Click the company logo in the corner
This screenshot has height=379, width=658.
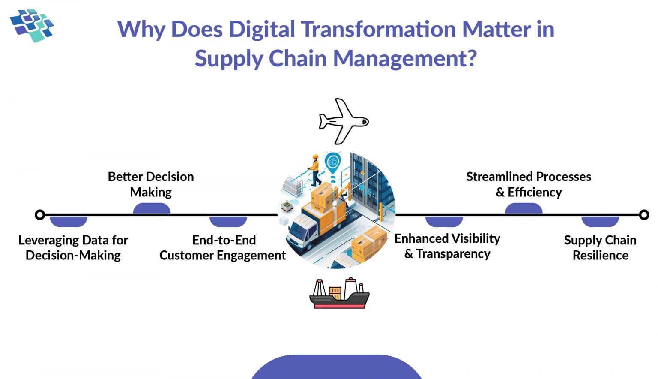click(32, 25)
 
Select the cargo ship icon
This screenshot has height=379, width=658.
click(339, 294)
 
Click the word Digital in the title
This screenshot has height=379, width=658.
click(261, 30)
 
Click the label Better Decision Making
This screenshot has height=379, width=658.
click(151, 184)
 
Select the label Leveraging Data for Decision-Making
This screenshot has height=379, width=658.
click(73, 248)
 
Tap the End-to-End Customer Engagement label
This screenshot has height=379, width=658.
click(223, 248)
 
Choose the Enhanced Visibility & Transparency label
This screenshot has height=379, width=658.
click(447, 246)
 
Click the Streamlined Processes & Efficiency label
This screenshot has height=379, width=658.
click(529, 184)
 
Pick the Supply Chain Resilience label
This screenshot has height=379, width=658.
click(600, 248)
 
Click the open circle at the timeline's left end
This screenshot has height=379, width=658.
click(40, 214)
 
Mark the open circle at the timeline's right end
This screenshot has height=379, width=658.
click(644, 214)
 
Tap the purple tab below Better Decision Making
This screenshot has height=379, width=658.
click(152, 209)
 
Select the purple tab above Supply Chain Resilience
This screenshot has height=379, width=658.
click(600, 221)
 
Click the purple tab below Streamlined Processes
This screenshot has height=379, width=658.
click(523, 209)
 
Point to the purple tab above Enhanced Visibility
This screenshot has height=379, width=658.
click(444, 221)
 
